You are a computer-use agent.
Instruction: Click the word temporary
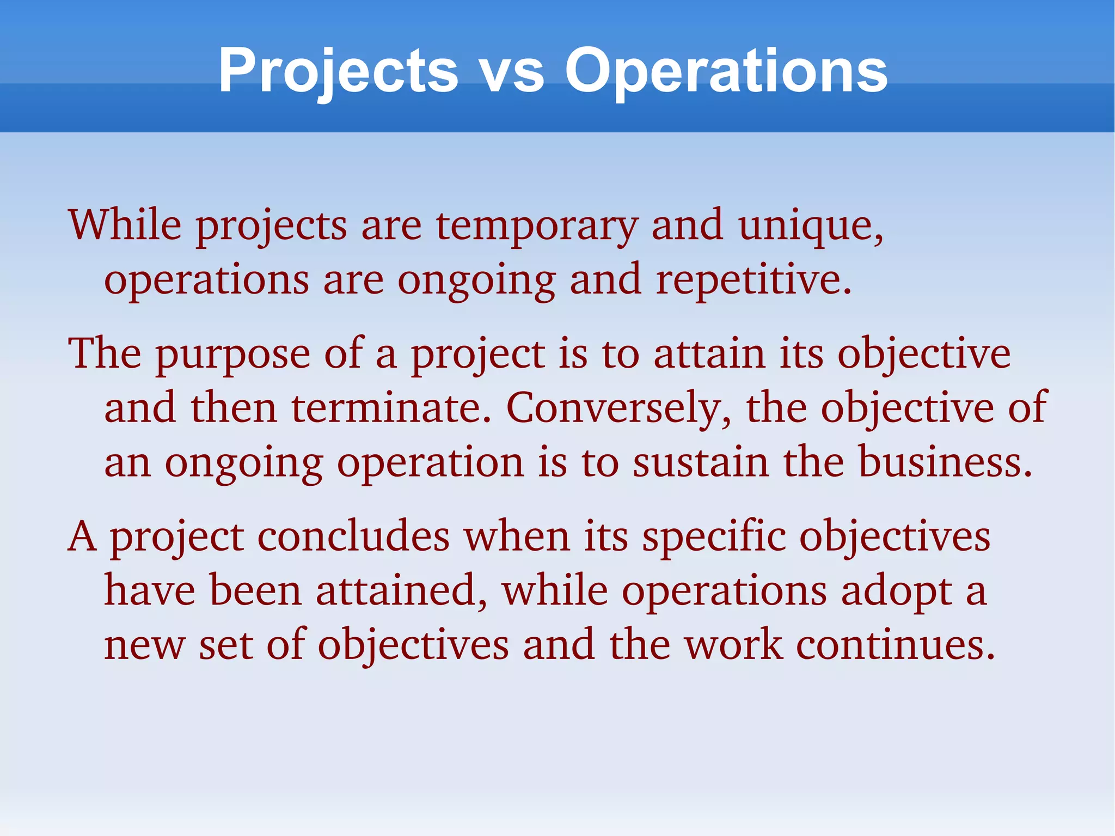[x=536, y=225]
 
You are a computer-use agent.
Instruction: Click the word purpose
[x=232, y=355]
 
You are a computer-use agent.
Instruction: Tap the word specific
[x=714, y=536]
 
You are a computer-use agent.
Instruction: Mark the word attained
[x=401, y=590]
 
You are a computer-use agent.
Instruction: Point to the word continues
[x=896, y=645]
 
